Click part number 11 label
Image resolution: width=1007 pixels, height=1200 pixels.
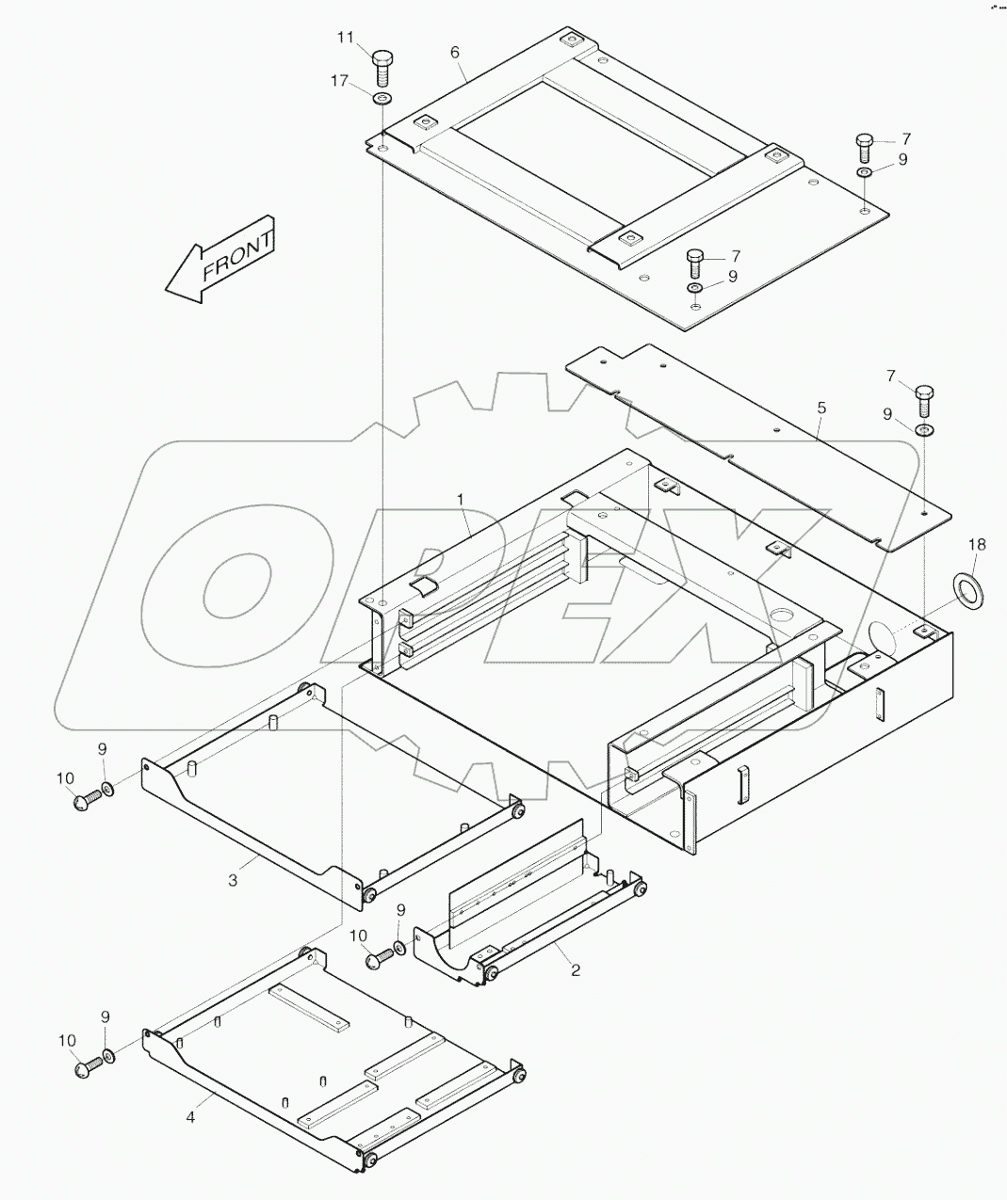click(x=346, y=37)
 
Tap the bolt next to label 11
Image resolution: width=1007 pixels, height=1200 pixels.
click(x=382, y=67)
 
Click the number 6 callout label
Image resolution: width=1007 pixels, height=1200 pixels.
click(x=456, y=51)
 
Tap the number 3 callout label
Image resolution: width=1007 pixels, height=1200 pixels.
click(x=233, y=880)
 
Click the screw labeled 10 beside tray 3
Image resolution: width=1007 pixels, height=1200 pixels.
click(x=86, y=800)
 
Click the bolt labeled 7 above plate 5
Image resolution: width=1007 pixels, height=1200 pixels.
click(x=925, y=402)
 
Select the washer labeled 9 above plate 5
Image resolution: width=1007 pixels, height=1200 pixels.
click(x=925, y=430)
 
